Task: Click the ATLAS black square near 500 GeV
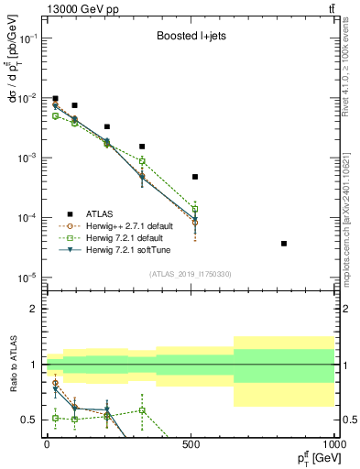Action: (195, 177)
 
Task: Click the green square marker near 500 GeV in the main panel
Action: (195, 209)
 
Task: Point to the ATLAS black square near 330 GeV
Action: (142, 147)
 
